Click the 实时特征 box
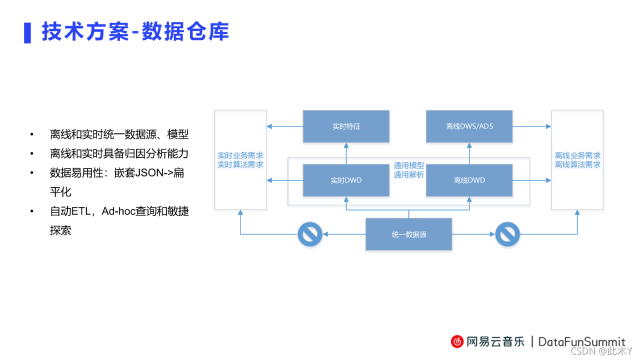[x=346, y=126]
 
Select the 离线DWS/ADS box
[x=469, y=126]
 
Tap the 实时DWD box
[x=346, y=180]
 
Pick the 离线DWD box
[x=469, y=180]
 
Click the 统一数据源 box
[x=409, y=234]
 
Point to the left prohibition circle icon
[x=310, y=234]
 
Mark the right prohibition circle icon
[x=507, y=234]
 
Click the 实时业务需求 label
[x=240, y=155]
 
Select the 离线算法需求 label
[x=578, y=164]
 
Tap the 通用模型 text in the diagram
[x=408, y=165]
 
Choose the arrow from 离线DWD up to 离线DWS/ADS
[x=469, y=152]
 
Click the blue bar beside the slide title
[x=27, y=32]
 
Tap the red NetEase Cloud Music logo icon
[x=457, y=341]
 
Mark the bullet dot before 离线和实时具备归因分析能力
[x=32, y=154]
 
